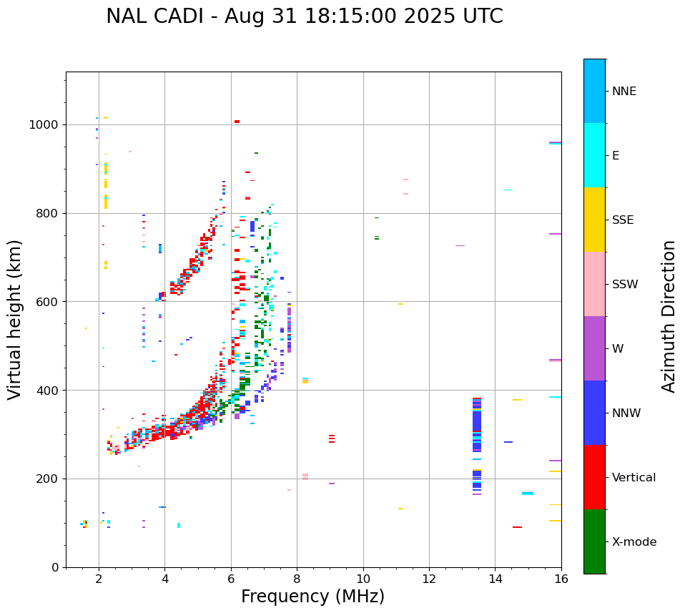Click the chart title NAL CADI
click(x=304, y=16)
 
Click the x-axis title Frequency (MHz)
click(x=312, y=597)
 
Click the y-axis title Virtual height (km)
click(x=15, y=319)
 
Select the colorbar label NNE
click(x=624, y=92)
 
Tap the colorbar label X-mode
click(x=634, y=542)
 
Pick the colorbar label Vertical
click(x=634, y=478)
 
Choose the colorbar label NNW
click(x=626, y=413)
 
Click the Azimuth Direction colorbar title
click(x=669, y=316)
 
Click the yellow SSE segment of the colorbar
click(x=594, y=220)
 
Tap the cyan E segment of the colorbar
click(x=594, y=155)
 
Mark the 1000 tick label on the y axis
click(x=44, y=125)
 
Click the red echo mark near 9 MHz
click(x=332, y=438)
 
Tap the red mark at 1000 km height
click(x=237, y=122)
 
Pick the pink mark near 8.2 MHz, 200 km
click(x=305, y=476)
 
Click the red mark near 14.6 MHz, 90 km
click(x=517, y=527)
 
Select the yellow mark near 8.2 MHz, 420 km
click(x=305, y=381)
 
